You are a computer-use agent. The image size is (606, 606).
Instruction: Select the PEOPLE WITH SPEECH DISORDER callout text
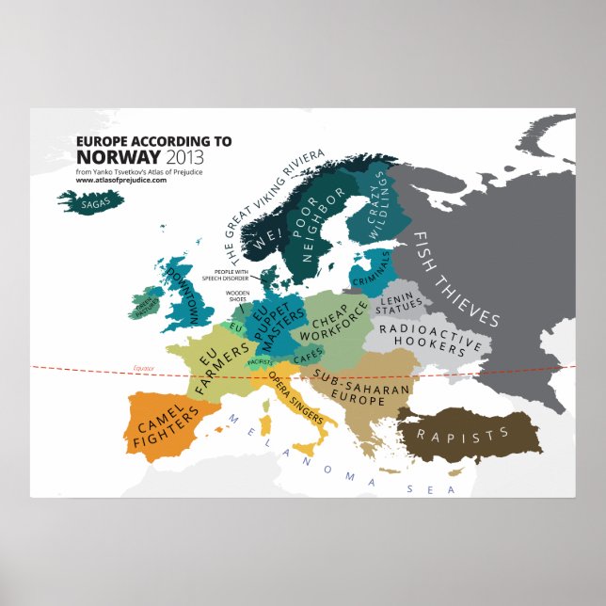225,274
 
